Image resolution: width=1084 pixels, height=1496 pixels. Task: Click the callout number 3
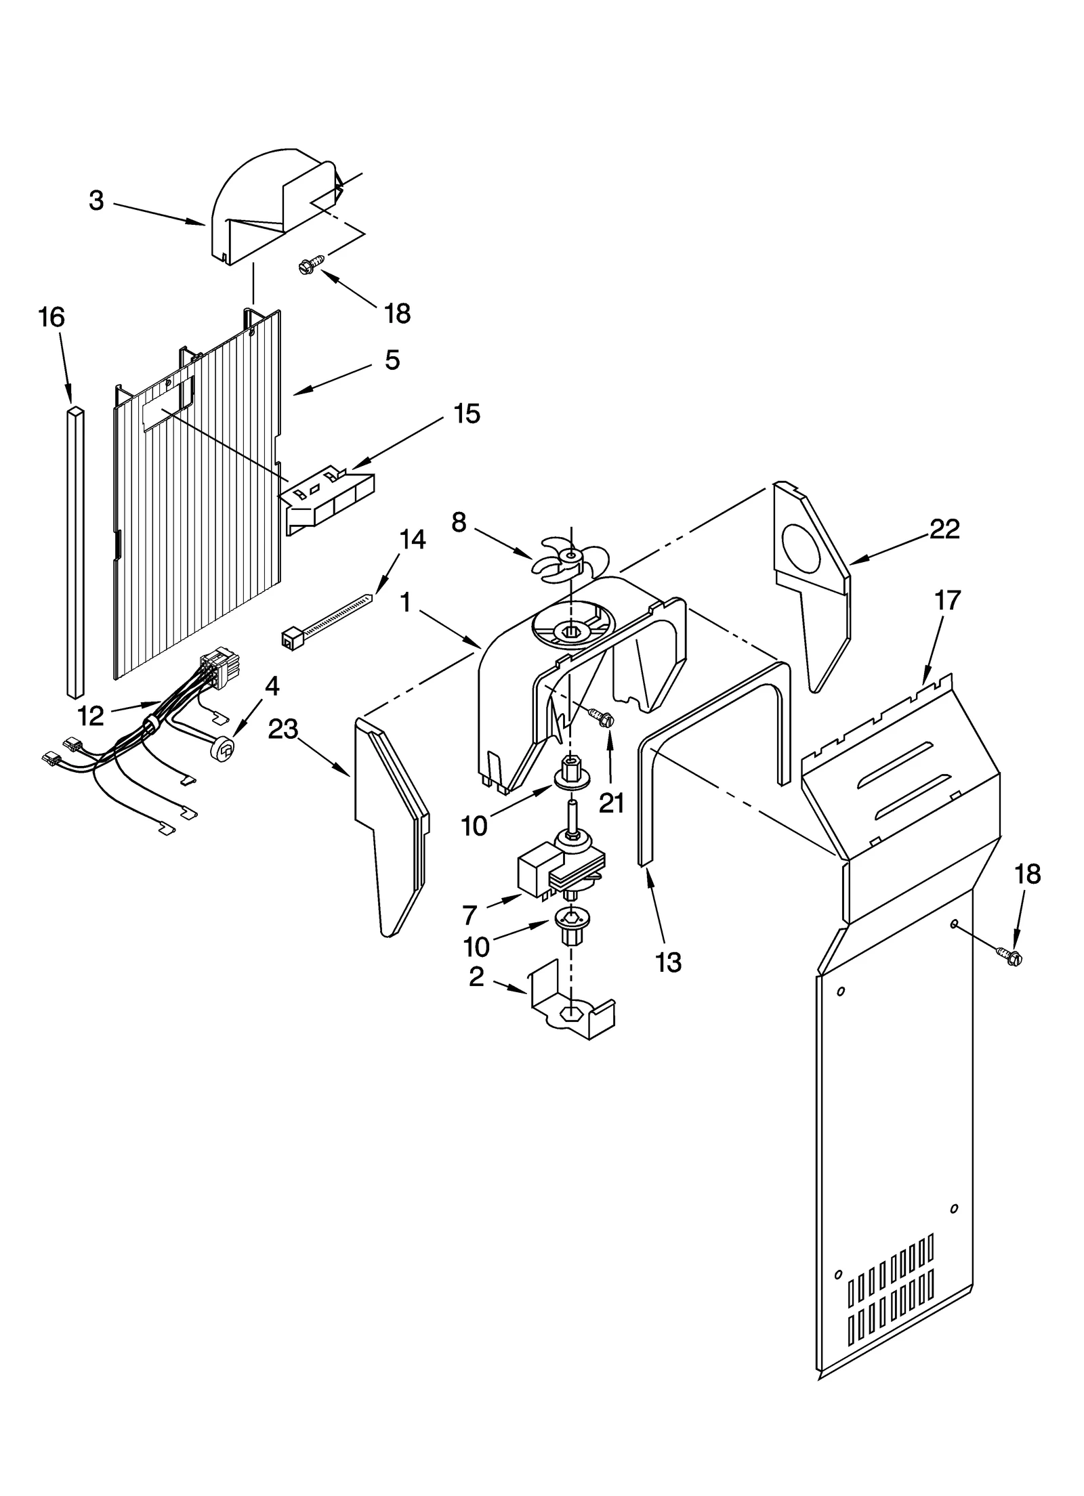pos(97,201)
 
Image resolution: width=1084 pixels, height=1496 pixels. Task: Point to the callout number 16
pos(51,317)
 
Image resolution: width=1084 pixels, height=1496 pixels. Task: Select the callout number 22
pos(944,529)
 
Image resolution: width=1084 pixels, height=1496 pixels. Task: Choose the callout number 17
pos(947,600)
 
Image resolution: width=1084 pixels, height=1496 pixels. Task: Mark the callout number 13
pos(668,962)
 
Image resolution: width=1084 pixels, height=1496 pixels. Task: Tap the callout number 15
pos(466,413)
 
